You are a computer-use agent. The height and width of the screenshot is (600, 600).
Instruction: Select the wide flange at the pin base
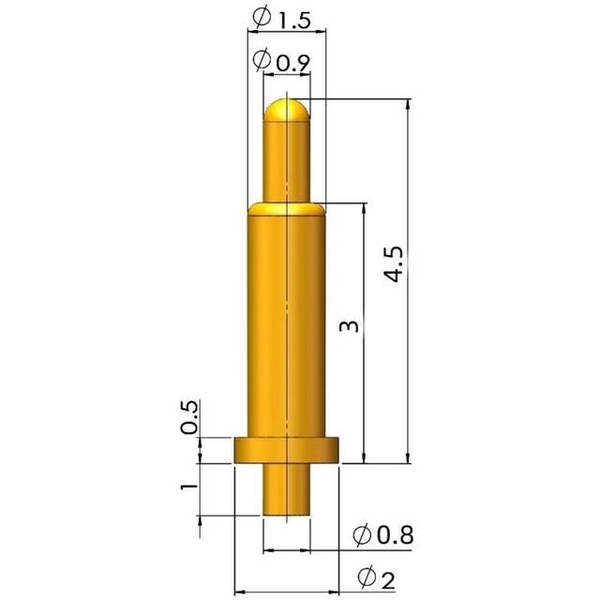coord(286,450)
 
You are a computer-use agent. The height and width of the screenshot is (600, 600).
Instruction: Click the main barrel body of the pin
coord(286,319)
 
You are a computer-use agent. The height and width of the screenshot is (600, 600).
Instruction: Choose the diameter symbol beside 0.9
coord(263,61)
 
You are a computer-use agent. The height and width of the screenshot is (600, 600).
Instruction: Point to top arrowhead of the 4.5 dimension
coord(409,105)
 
